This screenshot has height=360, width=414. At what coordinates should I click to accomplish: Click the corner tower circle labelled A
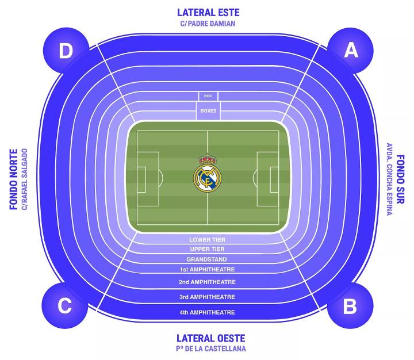350,51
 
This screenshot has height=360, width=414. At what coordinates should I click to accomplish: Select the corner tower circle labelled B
350,306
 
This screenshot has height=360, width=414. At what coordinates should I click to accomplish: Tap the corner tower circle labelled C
64,306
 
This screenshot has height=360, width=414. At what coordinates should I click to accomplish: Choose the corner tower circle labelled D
66,51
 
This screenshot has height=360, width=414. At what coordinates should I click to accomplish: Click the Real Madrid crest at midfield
207,173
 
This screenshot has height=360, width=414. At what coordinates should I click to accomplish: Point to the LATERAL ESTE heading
208,12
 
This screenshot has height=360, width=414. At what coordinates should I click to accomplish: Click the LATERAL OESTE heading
210,338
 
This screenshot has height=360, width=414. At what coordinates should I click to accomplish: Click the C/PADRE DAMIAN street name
208,24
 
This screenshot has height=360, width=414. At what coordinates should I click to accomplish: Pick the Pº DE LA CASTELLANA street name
210,348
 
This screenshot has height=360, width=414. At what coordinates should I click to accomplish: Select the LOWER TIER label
207,239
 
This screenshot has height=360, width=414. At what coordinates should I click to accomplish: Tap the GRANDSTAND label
207,259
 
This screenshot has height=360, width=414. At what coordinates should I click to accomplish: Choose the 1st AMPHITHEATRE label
207,269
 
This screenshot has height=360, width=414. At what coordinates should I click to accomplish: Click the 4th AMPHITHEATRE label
207,312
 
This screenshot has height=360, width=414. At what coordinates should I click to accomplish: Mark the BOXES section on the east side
208,110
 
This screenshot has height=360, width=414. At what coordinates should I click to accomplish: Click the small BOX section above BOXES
208,97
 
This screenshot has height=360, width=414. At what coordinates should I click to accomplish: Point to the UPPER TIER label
207,249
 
